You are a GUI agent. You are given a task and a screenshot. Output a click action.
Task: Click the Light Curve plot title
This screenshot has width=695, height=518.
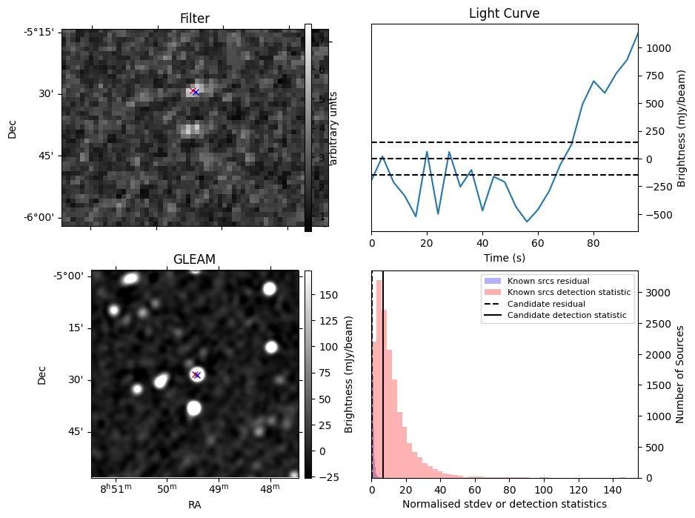[x=504, y=14]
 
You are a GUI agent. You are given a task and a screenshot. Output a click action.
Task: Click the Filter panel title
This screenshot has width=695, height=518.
[x=195, y=19]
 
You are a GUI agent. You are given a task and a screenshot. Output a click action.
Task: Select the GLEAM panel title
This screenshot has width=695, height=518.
[x=194, y=259]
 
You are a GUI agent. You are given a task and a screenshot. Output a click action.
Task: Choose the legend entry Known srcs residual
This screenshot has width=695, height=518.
[x=548, y=281]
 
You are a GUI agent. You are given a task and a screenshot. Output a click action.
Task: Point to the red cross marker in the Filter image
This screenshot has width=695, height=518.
[x=193, y=91]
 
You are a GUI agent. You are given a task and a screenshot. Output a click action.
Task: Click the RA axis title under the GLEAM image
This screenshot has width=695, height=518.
[x=195, y=505]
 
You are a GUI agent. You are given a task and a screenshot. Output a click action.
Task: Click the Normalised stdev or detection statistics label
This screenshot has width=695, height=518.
[x=504, y=504]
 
